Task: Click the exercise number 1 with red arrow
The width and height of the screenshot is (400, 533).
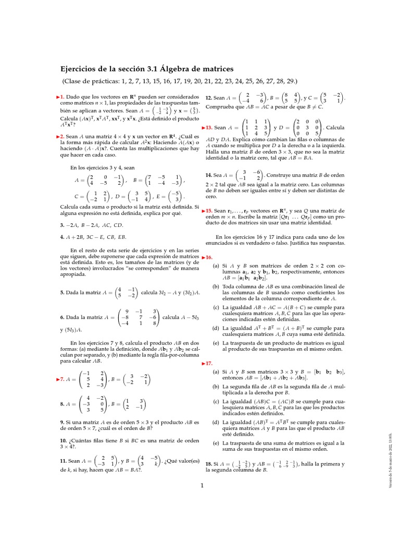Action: (62, 97)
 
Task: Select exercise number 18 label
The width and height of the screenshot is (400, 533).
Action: (208, 449)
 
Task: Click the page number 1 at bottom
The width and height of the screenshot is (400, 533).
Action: (201, 486)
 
